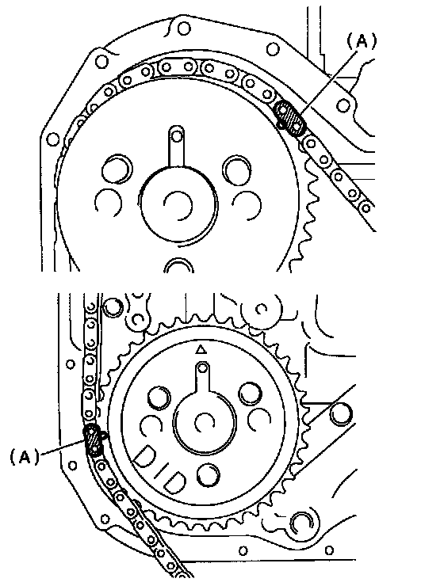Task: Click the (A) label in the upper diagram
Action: (x=362, y=41)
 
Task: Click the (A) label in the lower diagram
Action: (x=25, y=457)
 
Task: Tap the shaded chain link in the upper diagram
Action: (x=289, y=117)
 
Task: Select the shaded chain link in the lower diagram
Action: (x=94, y=440)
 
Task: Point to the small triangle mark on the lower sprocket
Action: (x=201, y=350)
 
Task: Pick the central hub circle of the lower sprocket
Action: (x=205, y=421)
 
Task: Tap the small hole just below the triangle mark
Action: (x=203, y=368)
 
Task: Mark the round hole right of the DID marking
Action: (x=208, y=475)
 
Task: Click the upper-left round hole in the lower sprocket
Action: (x=159, y=398)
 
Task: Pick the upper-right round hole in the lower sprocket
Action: (x=251, y=394)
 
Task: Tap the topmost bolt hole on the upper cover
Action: (x=183, y=29)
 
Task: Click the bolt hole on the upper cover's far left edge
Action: (x=53, y=140)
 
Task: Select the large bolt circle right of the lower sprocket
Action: (x=341, y=413)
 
